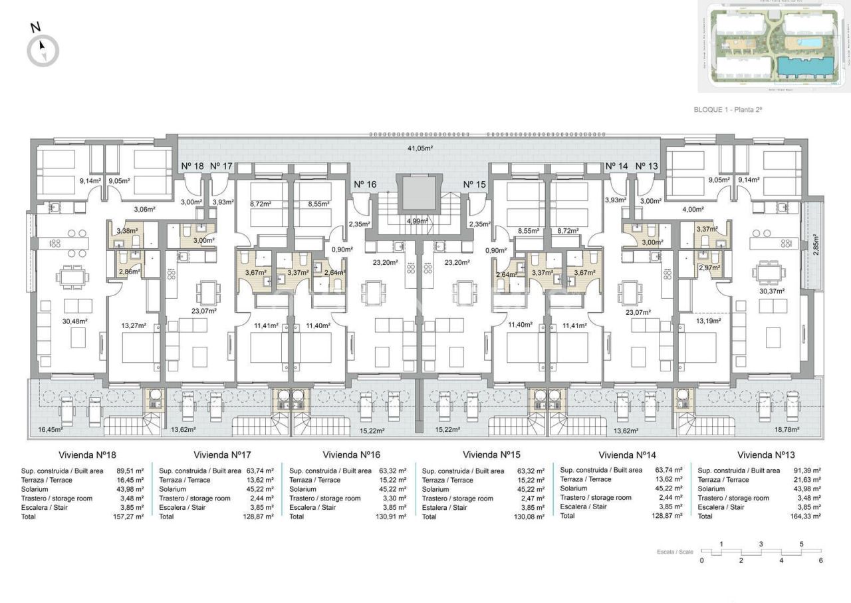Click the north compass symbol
pos(43,49)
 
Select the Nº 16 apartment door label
pos(365,184)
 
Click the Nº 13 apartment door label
pos(646,166)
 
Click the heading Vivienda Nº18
pos(87,455)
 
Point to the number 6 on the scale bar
pos(821,560)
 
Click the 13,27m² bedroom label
pos(134,326)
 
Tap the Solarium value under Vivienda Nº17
pos(261,489)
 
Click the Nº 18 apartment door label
pos(192,166)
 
